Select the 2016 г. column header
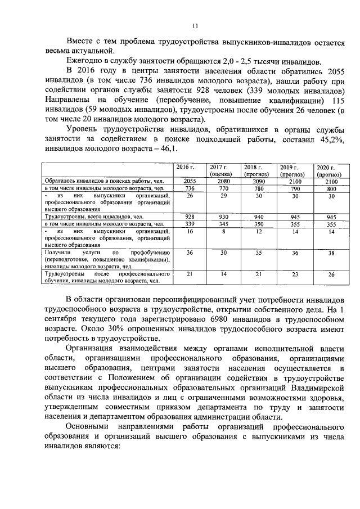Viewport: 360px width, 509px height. click(x=185, y=167)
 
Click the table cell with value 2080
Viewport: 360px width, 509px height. click(x=223, y=181)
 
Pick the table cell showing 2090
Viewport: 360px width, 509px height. click(x=255, y=181)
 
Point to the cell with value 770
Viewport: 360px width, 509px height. click(x=223, y=188)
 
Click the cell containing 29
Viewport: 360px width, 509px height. click(x=223, y=196)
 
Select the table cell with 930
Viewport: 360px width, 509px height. click(x=223, y=217)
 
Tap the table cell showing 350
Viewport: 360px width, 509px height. click(x=255, y=224)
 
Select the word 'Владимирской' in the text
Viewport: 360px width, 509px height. click(x=316, y=389)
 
